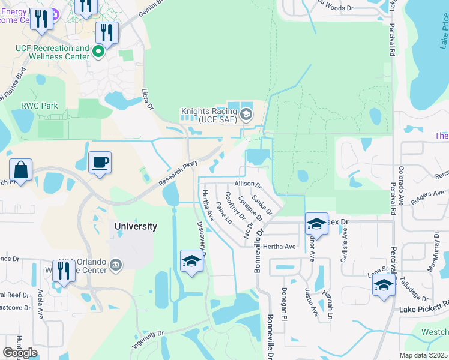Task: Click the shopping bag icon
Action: [x=21, y=170]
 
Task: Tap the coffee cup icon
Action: [x=100, y=162]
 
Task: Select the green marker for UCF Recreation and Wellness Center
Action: [x=99, y=53]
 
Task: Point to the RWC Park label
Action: [x=40, y=106]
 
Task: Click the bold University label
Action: [x=136, y=226]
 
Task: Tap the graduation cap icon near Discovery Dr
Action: [x=191, y=260]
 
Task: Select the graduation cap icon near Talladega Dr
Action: [x=384, y=284]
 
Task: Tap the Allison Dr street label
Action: [x=248, y=184]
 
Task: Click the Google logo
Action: [x=20, y=353]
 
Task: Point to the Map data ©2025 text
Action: [x=424, y=355]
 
